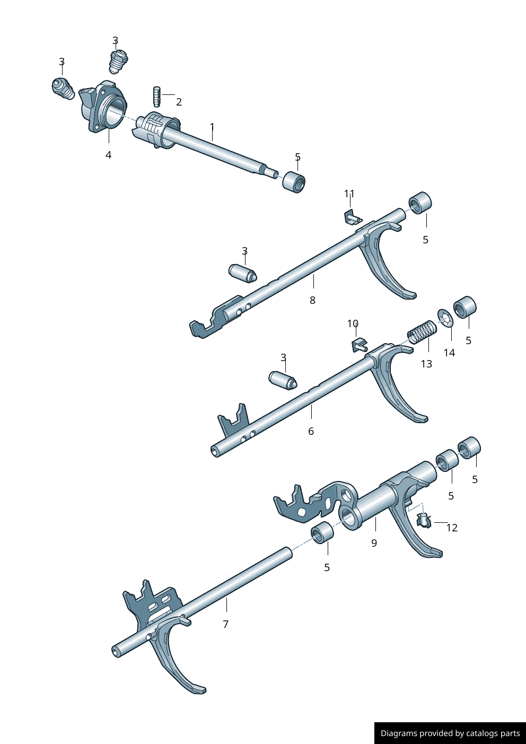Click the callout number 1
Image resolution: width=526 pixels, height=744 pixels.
point(212,127)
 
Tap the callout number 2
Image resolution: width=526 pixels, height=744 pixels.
point(179,102)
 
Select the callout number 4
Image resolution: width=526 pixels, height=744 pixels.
point(108,155)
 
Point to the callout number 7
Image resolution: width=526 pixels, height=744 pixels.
point(225,624)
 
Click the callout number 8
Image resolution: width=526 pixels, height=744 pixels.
point(312,300)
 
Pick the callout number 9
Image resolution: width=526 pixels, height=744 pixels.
point(374,543)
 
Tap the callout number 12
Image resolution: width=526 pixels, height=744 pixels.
point(452,528)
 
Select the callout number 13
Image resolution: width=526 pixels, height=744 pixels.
point(426,364)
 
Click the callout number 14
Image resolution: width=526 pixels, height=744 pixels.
point(449,353)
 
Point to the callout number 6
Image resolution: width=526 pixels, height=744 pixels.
point(311,431)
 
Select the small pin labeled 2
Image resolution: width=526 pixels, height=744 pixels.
point(157,96)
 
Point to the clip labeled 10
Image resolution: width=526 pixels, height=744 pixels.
point(359,345)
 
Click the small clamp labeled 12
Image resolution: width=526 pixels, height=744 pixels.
point(423,520)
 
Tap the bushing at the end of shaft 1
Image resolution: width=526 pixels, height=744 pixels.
point(294,181)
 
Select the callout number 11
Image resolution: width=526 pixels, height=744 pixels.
point(349,194)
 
